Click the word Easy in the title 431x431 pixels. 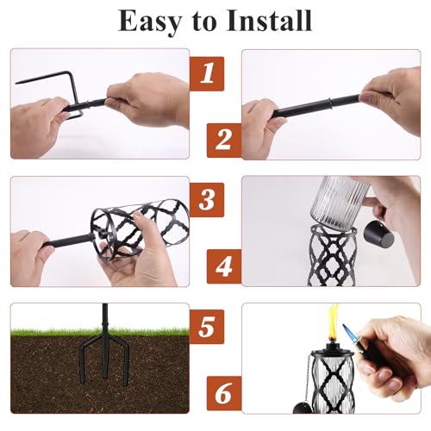tap(150, 22)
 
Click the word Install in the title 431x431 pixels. tap(269, 21)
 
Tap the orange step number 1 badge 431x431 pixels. tap(207, 73)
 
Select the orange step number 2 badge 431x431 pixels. tap(224, 141)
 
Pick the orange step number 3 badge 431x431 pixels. tap(207, 200)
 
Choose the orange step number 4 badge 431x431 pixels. tap(224, 266)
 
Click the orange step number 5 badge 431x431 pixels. tap(207, 327)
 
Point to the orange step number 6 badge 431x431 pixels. tap(224, 393)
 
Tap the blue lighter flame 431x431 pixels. tap(348, 331)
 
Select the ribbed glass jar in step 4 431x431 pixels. tap(340, 201)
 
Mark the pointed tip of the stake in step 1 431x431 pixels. tap(16, 83)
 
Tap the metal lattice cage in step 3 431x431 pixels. tap(140, 227)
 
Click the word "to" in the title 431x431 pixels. tap(203, 22)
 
